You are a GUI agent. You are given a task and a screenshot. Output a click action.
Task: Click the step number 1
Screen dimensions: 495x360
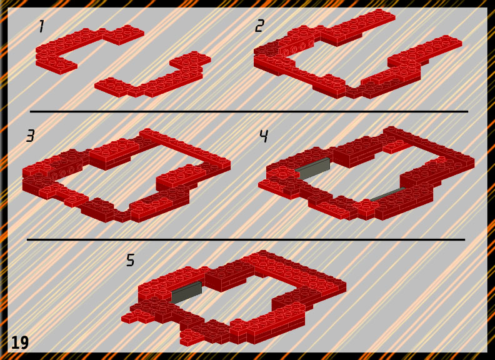click(41, 26)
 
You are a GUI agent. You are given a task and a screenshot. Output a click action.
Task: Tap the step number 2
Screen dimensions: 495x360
click(259, 26)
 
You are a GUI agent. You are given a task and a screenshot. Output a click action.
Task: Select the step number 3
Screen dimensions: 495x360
click(31, 136)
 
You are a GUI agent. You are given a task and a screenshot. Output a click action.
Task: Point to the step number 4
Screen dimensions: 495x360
click(264, 136)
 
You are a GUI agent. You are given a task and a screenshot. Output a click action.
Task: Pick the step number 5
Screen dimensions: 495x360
click(131, 260)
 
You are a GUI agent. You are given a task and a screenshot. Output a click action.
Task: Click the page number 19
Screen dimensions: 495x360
click(20, 342)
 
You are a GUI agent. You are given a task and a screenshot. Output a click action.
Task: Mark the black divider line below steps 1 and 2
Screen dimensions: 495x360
click(249, 111)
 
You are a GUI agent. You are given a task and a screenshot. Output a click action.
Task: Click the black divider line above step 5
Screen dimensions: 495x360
click(246, 239)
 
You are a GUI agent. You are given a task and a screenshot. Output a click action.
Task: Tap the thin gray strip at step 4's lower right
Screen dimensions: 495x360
click(387, 194)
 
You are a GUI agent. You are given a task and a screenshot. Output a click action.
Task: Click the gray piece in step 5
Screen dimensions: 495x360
click(187, 292)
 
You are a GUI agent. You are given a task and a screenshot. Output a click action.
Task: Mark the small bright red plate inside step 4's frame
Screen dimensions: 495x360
click(397, 146)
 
